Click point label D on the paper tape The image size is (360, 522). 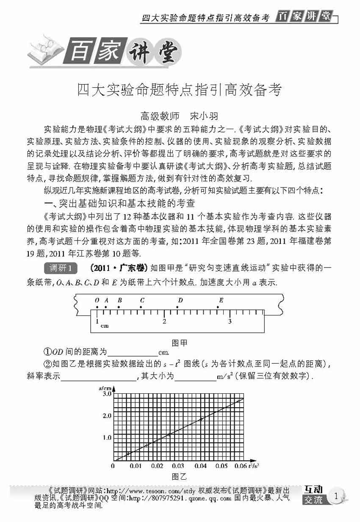click(180, 300)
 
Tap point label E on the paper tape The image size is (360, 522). click(221, 300)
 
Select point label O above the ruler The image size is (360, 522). click(97, 300)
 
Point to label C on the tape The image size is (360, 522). click(142, 300)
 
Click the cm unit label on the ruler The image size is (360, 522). click(104, 326)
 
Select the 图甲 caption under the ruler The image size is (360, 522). click(180, 342)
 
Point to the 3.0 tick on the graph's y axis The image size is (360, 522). click(106, 393)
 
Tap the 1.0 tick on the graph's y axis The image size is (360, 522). click(106, 437)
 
